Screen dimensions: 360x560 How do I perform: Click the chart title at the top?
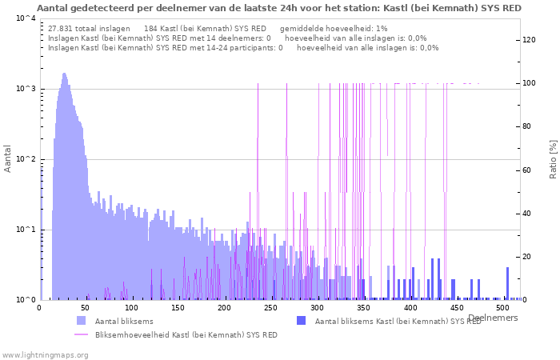point(279,8)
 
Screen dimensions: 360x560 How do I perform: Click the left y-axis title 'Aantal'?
point(8,158)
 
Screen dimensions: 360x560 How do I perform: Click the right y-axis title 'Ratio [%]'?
point(552,158)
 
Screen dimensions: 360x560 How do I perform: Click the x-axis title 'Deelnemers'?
point(493,318)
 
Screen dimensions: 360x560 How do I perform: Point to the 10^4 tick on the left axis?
point(25,18)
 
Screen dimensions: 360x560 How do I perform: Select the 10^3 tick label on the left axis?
point(25,89)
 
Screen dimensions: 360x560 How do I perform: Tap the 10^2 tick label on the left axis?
point(25,159)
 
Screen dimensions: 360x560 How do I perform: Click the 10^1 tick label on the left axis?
point(25,230)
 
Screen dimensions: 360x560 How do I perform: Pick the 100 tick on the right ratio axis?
point(530,83)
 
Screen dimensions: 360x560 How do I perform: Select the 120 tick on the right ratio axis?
point(530,40)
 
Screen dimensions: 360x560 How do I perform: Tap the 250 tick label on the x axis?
point(272,307)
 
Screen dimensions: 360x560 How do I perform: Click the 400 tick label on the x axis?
point(411,307)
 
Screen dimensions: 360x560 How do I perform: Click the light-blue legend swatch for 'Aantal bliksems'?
point(81,321)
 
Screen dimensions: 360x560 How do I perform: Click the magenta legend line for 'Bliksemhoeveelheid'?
point(81,334)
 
